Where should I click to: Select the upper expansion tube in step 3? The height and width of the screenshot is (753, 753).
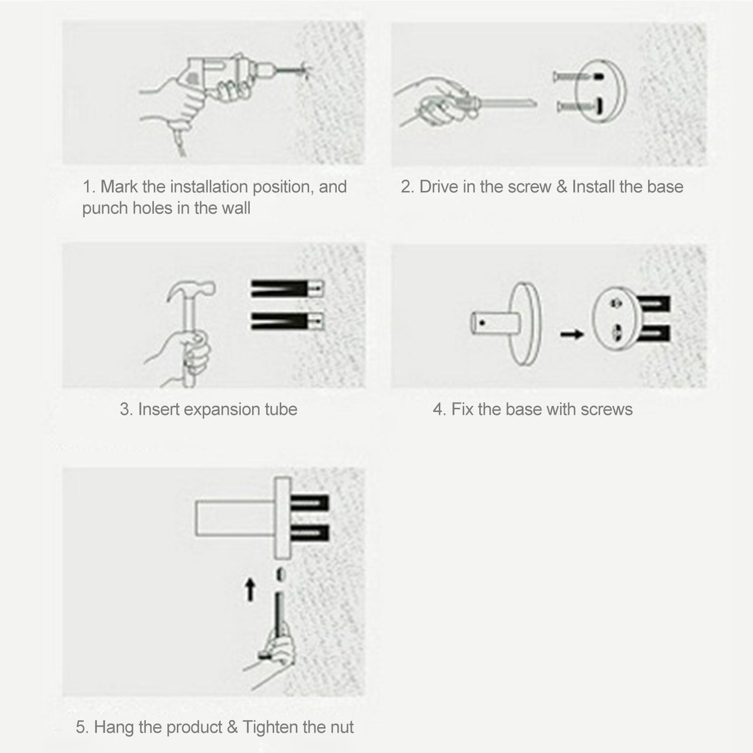coord(287,289)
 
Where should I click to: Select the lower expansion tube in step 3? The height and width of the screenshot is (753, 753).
coord(287,321)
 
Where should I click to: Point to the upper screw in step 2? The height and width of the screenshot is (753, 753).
coord(571,76)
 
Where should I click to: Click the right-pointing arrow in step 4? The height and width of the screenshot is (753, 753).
coord(572,334)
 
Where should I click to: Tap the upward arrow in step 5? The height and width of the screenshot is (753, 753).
coord(250,590)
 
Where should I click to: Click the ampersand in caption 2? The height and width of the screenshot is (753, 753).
coord(561,187)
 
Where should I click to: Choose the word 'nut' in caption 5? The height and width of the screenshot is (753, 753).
coord(342,727)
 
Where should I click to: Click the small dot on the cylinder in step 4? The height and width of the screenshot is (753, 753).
coord(482,323)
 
